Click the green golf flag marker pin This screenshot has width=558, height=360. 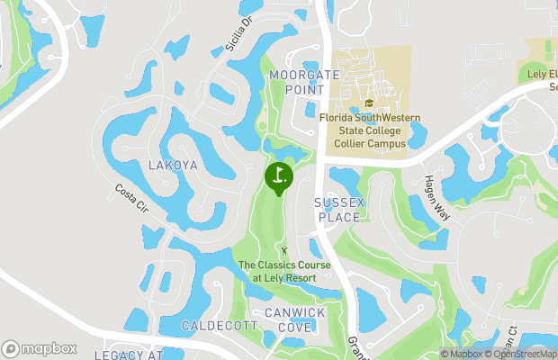point(279,176)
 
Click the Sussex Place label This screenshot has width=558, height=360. point(338,210)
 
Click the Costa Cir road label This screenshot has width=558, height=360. point(130,199)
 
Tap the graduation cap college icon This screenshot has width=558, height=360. point(368,103)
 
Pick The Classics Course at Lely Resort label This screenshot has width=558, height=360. point(284,271)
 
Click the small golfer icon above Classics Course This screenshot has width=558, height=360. point(285,248)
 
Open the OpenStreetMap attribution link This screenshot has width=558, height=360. point(520,354)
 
